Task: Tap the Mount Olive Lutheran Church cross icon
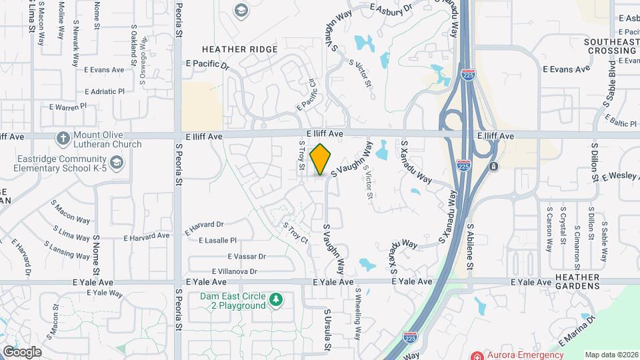point(63,139)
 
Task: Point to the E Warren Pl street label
point(68,106)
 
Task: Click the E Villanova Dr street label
point(234,271)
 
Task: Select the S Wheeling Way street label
point(357,313)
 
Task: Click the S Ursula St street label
point(327,329)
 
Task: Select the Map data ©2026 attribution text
point(611,355)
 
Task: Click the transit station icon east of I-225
point(493,165)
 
